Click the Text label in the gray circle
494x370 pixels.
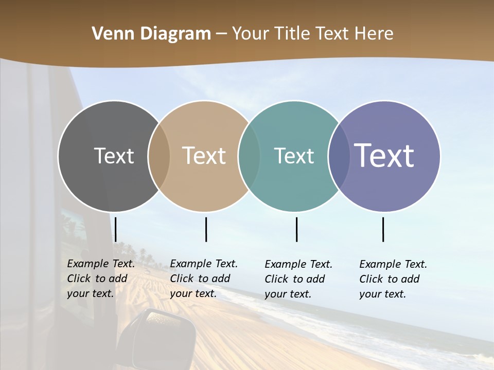[114, 156]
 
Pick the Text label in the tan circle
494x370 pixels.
[204, 156]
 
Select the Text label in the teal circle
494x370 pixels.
[294, 156]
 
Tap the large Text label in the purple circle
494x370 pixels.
[384, 155]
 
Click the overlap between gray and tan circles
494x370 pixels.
[159, 156]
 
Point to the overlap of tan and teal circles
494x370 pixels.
[249, 156]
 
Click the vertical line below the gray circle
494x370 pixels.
[116, 229]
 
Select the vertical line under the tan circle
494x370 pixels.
[206, 229]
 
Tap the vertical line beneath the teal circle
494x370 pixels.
[297, 229]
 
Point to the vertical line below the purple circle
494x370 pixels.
[383, 229]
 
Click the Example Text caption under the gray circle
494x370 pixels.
[101, 279]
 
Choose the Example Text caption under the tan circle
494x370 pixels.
[204, 279]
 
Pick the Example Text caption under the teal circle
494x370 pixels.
[298, 279]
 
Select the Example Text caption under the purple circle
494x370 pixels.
[393, 279]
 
